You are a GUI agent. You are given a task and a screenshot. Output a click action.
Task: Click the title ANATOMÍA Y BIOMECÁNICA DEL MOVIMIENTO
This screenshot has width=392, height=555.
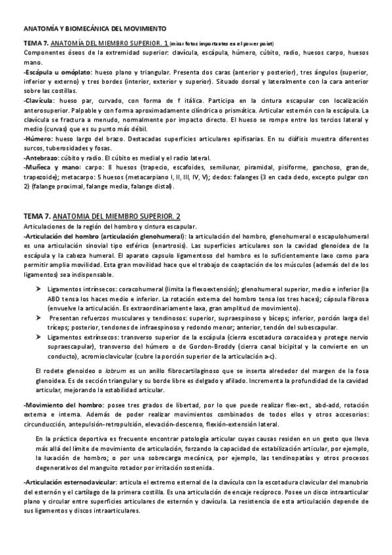(94, 29)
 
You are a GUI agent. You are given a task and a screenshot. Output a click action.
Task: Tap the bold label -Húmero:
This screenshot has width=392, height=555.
(39, 139)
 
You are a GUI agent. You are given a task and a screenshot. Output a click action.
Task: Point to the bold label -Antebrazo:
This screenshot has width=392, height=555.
(43, 157)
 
